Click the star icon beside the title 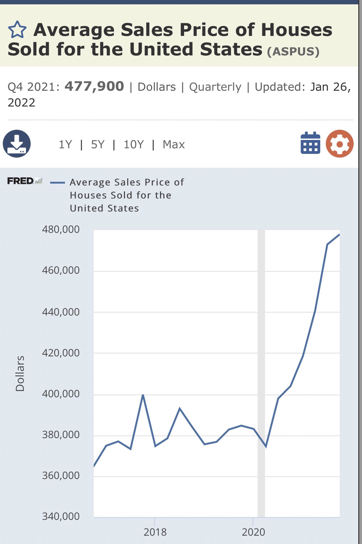point(17,30)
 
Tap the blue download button point(17,144)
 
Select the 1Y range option point(65,145)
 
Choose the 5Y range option point(98,145)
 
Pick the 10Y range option point(134,145)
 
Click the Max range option point(174,145)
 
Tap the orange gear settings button point(340,144)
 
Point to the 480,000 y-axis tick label point(61,229)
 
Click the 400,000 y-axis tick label point(61,394)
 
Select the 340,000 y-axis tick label point(61,516)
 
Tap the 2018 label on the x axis point(155,532)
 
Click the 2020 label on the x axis point(253,532)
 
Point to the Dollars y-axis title point(20,374)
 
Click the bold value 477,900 point(94,86)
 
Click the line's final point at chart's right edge point(339,235)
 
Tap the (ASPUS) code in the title point(293,51)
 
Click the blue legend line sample point(58,183)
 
